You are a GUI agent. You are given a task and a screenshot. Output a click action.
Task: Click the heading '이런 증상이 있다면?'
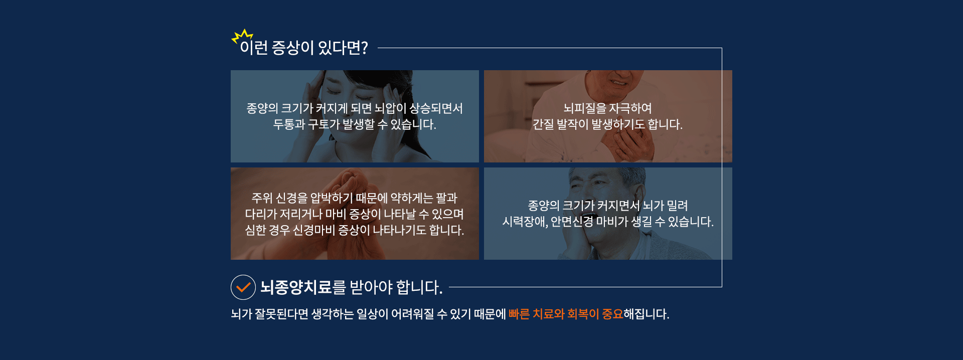click(x=304, y=48)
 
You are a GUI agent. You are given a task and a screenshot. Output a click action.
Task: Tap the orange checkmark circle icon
click(x=243, y=287)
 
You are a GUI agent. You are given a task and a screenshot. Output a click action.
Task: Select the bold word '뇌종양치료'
click(x=296, y=287)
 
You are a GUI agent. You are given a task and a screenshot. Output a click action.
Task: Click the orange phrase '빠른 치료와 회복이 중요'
click(x=566, y=314)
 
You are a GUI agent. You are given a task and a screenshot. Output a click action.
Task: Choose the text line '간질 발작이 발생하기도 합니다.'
click(x=607, y=124)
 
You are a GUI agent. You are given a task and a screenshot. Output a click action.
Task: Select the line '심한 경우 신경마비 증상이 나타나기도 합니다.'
click(x=355, y=230)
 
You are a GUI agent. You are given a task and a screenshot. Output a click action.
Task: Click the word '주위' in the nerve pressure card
click(x=262, y=198)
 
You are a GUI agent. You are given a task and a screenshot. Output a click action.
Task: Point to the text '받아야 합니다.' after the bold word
click(x=396, y=287)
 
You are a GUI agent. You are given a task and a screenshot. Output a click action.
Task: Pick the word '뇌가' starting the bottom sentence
click(x=241, y=314)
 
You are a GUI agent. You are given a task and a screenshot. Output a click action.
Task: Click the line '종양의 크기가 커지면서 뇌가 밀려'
click(x=608, y=206)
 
